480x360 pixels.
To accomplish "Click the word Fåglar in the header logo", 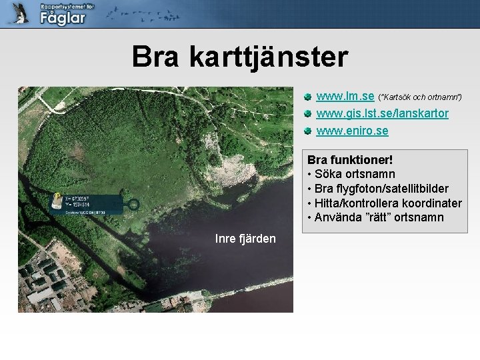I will point(63,18).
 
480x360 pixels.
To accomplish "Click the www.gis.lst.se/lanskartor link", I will point(382,114).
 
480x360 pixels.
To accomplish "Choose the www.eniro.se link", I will point(352,131).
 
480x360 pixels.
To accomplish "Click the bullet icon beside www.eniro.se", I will point(307,131).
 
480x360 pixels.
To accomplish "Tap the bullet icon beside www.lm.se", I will point(307,97).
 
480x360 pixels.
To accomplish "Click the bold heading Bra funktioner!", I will point(350,161).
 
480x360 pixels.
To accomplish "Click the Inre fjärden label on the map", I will point(245,239).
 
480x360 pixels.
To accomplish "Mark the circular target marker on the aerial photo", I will point(133,205).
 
